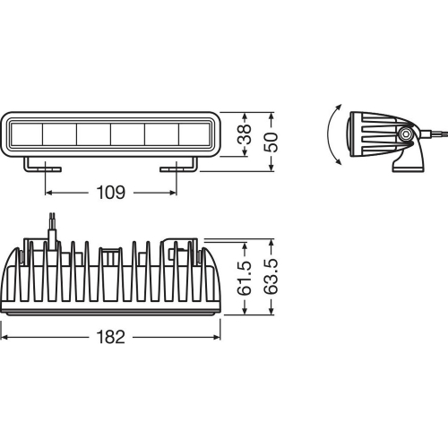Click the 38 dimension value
point(245,134)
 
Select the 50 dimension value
point(271,142)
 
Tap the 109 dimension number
point(111,193)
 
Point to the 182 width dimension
point(111,337)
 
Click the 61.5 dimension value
point(245,279)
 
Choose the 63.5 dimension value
point(271,277)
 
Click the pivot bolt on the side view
point(406,134)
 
